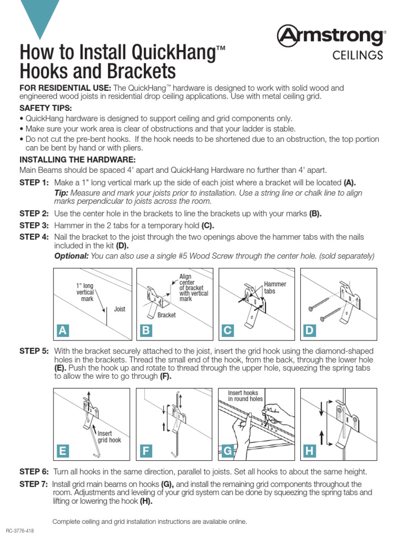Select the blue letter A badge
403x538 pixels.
pos(63,330)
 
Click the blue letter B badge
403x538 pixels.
pos(145,330)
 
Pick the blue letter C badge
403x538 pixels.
pos(227,330)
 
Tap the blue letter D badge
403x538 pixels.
pos(309,330)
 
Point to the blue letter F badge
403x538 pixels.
pos(145,450)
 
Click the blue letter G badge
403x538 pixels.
pos(227,450)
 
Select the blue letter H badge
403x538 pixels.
pos(309,450)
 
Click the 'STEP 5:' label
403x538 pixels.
pos(34,351)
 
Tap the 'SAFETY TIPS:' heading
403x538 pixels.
pos(41,108)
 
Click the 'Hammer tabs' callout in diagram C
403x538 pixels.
pos(275,287)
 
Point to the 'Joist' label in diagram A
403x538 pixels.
pos(120,309)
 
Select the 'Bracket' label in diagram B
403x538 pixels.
pos(166,315)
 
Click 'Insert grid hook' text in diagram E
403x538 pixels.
pos(109,437)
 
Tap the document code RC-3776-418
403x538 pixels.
pos(20,531)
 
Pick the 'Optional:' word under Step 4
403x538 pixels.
pos(71,256)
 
